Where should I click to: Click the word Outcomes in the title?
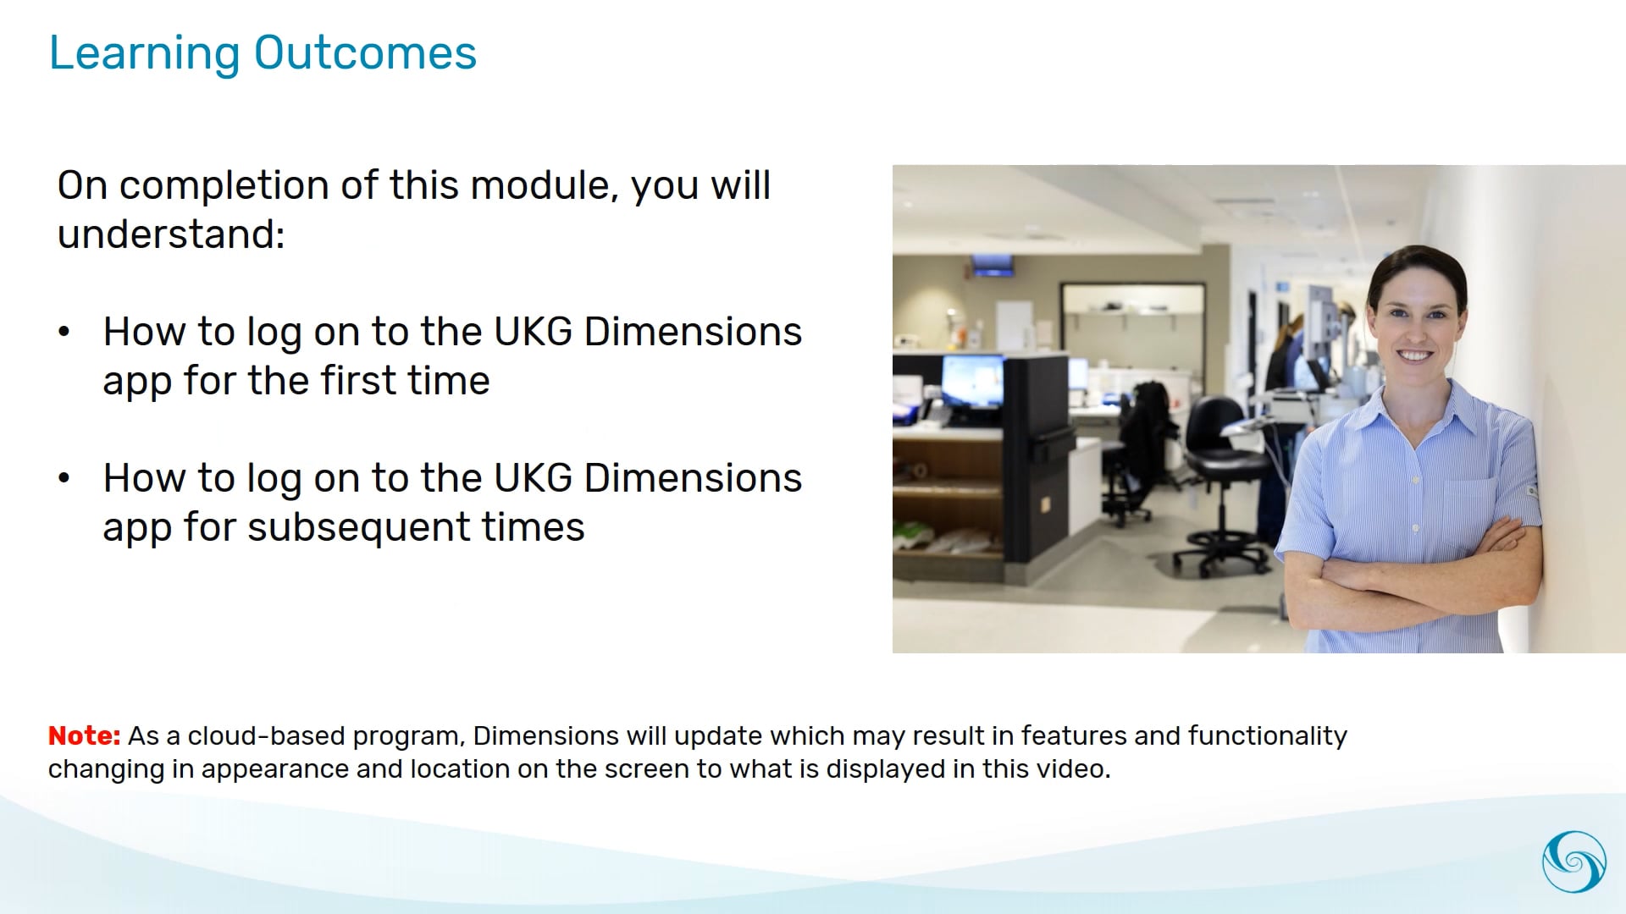click(x=365, y=53)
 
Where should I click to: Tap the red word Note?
click(x=84, y=735)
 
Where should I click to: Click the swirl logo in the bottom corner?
click(x=1573, y=862)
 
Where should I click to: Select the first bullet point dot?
click(x=64, y=332)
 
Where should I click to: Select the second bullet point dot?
click(x=64, y=478)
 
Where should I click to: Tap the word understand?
click(x=170, y=234)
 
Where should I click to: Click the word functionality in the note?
click(x=1267, y=736)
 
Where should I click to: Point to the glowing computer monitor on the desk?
click(x=971, y=381)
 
